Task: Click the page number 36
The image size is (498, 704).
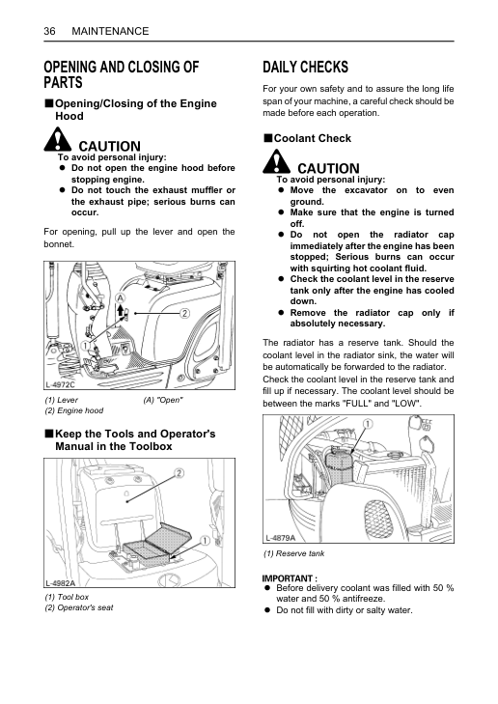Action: tap(49, 31)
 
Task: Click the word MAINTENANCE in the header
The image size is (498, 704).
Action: tap(110, 31)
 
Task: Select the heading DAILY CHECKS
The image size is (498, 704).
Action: tap(305, 67)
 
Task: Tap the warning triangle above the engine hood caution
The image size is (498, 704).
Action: tap(58, 139)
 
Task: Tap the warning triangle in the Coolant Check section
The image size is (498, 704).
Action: tap(276, 161)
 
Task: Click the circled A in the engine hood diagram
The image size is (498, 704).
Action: tap(121, 298)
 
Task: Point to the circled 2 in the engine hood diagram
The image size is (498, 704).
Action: tap(184, 314)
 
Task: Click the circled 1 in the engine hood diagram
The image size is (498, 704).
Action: tap(85, 346)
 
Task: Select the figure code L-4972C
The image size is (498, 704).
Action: tap(60, 384)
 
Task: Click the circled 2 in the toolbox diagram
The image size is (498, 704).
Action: tap(179, 473)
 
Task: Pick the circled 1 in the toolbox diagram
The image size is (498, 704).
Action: tap(205, 541)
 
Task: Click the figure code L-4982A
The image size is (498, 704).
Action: tap(60, 583)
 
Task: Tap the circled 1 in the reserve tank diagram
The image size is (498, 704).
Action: tap(368, 424)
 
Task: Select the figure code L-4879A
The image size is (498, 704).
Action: tap(281, 538)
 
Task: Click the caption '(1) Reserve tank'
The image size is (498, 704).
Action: tap(293, 553)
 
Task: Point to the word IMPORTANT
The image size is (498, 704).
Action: tap(288, 578)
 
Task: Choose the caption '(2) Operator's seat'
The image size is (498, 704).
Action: tap(79, 607)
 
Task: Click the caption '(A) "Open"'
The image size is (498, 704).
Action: tap(163, 400)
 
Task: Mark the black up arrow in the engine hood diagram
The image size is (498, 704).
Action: tap(121, 310)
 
